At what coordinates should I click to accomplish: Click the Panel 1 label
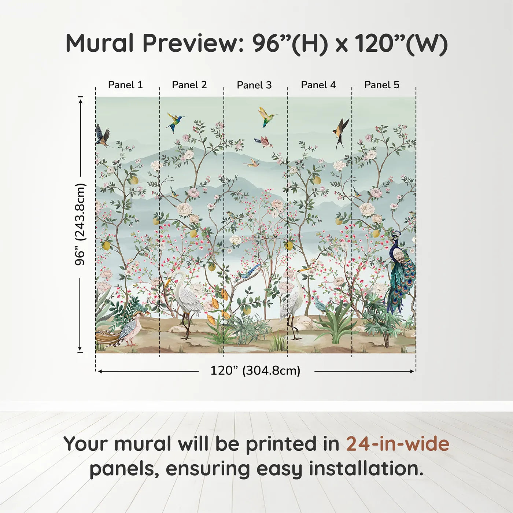point(125,85)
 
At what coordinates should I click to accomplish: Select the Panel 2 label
point(189,85)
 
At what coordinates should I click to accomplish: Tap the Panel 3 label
point(254,85)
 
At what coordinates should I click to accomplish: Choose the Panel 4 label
point(318,85)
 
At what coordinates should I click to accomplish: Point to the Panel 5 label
point(382,85)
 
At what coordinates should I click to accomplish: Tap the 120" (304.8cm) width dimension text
point(255,371)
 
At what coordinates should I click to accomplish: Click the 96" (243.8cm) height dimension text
point(80,224)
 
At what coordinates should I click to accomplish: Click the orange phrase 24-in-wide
point(398,444)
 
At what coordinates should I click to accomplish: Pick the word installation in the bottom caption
point(366,469)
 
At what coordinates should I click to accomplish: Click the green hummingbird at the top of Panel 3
point(267,117)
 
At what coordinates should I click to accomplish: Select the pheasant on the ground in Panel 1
point(126,330)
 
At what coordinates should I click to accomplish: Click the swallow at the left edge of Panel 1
point(102,136)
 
